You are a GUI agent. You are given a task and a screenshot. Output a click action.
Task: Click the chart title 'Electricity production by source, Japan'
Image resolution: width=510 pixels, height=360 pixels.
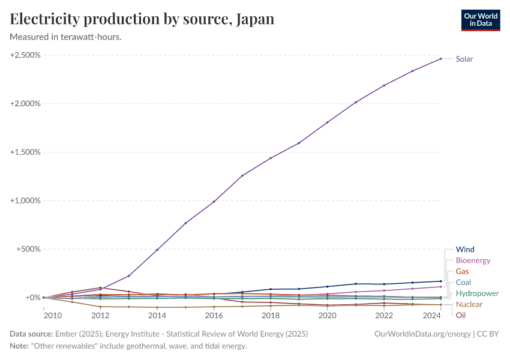142,19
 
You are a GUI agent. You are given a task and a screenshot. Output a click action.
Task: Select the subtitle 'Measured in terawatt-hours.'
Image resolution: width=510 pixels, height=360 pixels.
66,37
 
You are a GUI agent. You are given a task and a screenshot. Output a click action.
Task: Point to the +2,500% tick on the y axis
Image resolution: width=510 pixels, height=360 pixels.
25,55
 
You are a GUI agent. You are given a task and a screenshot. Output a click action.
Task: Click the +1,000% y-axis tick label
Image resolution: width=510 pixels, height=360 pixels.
25,200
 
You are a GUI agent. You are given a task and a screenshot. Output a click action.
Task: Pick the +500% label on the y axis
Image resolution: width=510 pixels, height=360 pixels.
28,249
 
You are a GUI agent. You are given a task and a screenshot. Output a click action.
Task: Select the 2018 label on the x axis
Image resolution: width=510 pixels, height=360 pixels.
271,315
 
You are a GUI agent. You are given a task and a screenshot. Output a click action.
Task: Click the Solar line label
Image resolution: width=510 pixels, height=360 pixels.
464,59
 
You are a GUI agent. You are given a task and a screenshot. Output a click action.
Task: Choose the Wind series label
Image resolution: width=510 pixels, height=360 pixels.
465,250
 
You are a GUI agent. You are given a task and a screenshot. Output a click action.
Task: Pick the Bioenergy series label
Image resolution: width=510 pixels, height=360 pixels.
473,260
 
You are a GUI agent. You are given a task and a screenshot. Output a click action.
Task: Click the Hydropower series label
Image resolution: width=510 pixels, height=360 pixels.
477,293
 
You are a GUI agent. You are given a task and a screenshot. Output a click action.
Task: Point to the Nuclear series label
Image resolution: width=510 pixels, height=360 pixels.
469,304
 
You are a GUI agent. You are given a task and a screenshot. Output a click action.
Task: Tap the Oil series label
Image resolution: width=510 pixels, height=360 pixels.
461,315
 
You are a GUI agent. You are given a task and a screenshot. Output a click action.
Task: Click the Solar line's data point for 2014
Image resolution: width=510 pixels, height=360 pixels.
157,250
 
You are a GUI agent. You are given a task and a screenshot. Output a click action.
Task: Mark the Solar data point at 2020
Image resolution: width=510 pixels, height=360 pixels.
327,122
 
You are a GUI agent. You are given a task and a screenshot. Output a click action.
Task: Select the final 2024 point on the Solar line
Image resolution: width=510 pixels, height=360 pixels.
440,59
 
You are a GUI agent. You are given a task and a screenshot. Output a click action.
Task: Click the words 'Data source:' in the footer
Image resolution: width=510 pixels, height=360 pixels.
31,334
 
